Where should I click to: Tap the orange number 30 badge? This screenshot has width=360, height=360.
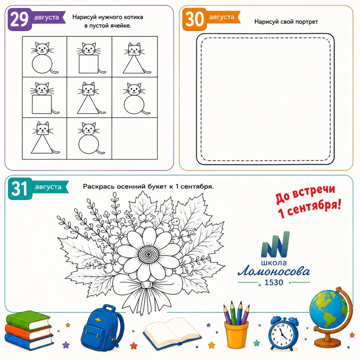point(194,19)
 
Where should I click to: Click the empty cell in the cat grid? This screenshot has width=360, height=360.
point(135,138)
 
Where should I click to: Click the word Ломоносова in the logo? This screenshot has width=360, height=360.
point(274,271)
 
